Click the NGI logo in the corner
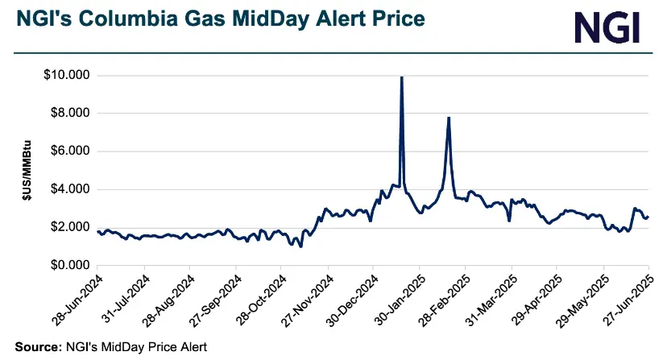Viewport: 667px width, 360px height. (607, 27)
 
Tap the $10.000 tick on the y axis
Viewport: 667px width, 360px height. (67, 76)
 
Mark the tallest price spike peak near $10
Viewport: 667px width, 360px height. (402, 77)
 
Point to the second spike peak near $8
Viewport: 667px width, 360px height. (449, 118)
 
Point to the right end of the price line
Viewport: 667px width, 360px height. (648, 217)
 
